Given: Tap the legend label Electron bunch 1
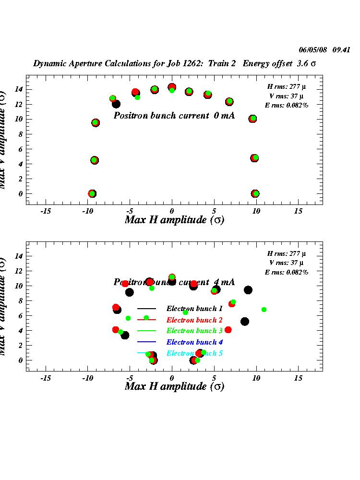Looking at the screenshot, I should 194,309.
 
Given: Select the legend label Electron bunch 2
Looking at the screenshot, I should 194,320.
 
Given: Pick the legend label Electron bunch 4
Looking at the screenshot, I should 194,342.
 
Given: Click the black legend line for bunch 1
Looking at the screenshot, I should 147,309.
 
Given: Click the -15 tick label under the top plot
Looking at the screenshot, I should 46,211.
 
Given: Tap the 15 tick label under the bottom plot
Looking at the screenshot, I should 299,378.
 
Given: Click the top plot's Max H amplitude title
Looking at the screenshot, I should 174,220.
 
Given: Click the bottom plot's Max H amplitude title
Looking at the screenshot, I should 174,386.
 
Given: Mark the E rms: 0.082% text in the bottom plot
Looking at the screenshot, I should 287,272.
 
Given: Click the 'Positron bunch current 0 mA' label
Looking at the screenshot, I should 174,116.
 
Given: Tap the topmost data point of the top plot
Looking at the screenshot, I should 172,87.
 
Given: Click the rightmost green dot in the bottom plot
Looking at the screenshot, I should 264,310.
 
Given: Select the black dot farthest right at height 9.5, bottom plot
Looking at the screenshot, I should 248,290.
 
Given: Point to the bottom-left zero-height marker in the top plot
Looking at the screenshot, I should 92,193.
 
